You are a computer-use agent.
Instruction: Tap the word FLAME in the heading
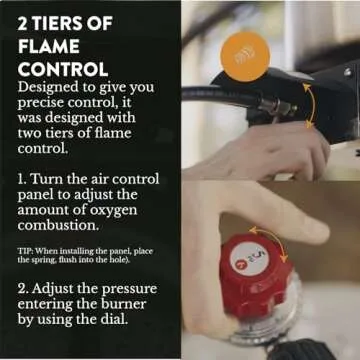[x=49, y=47]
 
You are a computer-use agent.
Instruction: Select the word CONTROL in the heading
[x=63, y=69]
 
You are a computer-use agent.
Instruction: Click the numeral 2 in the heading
[x=22, y=25]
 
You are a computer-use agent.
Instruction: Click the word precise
[x=38, y=104]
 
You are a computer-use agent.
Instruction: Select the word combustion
[x=58, y=226]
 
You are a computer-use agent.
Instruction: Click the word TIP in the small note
[x=25, y=252]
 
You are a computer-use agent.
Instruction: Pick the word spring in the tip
[x=37, y=260]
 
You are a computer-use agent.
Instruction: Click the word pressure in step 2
[x=129, y=290]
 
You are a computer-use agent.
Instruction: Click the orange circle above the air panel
[x=245, y=57]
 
